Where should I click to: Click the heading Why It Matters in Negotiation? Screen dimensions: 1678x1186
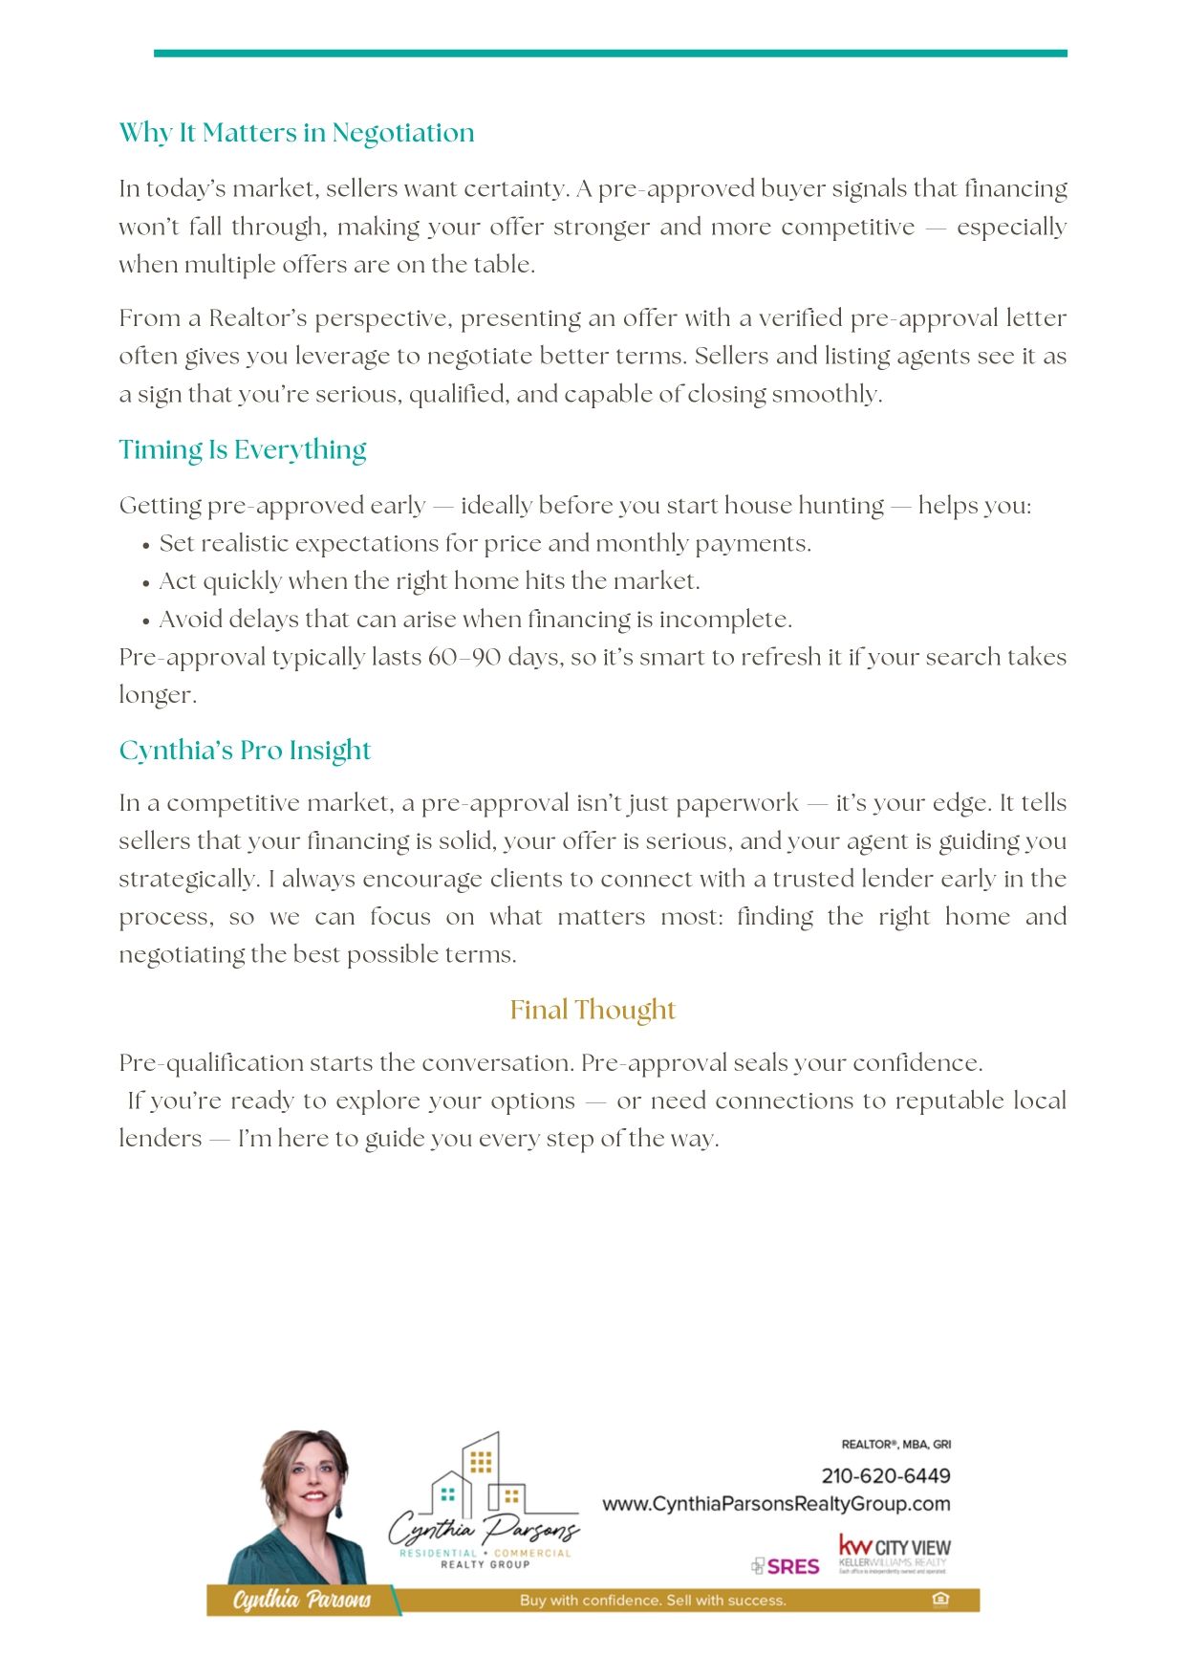pyautogui.click(x=296, y=133)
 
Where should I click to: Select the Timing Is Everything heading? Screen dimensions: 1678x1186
pyautogui.click(x=243, y=449)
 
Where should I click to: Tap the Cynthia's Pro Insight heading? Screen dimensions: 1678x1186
pyautogui.click(x=245, y=751)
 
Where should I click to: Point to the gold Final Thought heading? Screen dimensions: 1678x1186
pyautogui.click(x=593, y=1010)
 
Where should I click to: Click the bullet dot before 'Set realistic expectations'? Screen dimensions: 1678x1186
pyautogui.click(x=146, y=546)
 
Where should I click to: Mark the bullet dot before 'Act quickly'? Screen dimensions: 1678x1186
pyautogui.click(x=146, y=583)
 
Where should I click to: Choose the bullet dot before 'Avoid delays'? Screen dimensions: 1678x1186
pyautogui.click(x=146, y=621)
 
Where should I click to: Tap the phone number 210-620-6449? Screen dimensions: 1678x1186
pyautogui.click(x=885, y=1475)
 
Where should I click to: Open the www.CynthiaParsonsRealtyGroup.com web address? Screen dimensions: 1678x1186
pyautogui.click(x=776, y=1504)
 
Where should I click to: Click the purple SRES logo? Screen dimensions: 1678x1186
pyautogui.click(x=787, y=1566)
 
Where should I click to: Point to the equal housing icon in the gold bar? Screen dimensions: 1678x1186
pyautogui.click(x=940, y=1600)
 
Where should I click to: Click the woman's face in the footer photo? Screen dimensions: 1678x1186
pyautogui.click(x=313, y=1485)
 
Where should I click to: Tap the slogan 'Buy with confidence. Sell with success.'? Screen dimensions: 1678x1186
pyautogui.click(x=653, y=1600)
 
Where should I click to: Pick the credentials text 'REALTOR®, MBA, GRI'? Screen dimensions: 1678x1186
pyautogui.click(x=895, y=1445)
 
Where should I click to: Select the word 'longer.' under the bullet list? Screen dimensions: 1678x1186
pyautogui.click(x=158, y=695)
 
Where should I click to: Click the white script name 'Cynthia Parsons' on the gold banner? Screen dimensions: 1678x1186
pyautogui.click(x=301, y=1600)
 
